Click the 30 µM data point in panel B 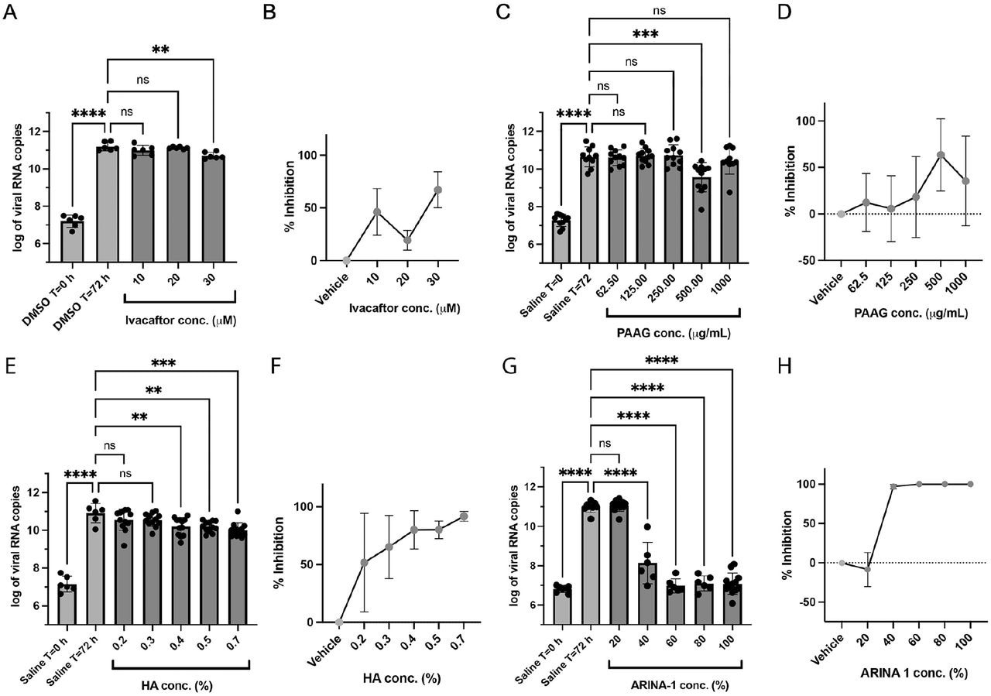[437, 190]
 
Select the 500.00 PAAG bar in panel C [701, 220]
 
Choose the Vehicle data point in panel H [842, 563]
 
